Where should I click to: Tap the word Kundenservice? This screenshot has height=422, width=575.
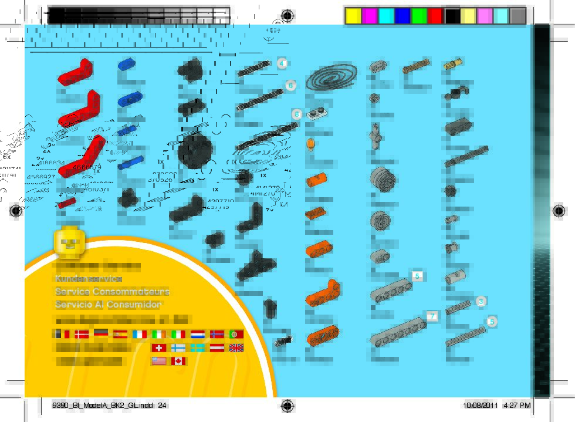coord(89,278)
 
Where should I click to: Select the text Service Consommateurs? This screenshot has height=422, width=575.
coord(112,292)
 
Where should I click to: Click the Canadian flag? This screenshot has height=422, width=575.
coord(178,361)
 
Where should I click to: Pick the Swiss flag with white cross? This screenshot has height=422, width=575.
coord(159,347)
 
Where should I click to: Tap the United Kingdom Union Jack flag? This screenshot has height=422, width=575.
coord(236,347)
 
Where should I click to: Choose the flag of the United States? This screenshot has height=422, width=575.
coord(159,361)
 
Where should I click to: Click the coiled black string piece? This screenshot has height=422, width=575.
coord(331,78)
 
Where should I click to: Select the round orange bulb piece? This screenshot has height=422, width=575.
coord(312,144)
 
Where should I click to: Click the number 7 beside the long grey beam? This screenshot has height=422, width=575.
coord(432,316)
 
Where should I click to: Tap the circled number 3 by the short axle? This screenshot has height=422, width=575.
coord(481,302)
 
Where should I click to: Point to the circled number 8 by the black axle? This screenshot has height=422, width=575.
coord(297,114)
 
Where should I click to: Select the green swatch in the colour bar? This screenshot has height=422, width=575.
coord(418,16)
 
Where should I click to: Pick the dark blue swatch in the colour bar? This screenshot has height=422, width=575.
coord(402,16)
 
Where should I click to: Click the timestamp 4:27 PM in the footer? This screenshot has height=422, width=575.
coord(517,406)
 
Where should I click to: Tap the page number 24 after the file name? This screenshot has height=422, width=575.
coord(163,406)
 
